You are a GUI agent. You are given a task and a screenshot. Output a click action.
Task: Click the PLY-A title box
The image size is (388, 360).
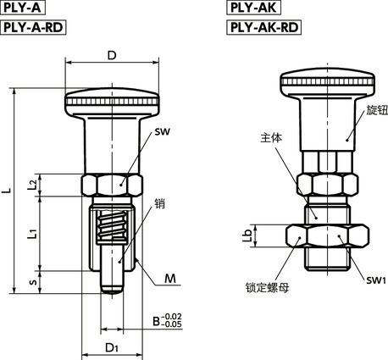point(23,8)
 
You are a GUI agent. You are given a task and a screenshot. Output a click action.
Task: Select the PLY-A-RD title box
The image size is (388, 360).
point(33,27)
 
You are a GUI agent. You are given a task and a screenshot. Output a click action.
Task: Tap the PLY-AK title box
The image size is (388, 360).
point(253,8)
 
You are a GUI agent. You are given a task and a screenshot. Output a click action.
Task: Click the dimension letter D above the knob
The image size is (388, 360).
point(112,55)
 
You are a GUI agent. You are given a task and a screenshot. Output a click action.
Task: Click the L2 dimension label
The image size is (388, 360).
point(33,185)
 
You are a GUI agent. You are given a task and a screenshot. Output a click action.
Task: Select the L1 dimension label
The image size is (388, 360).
point(33,234)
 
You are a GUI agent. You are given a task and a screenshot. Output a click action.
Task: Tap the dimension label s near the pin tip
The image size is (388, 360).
point(34,282)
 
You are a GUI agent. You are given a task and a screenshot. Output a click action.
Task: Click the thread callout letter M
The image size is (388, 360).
point(170,279)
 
